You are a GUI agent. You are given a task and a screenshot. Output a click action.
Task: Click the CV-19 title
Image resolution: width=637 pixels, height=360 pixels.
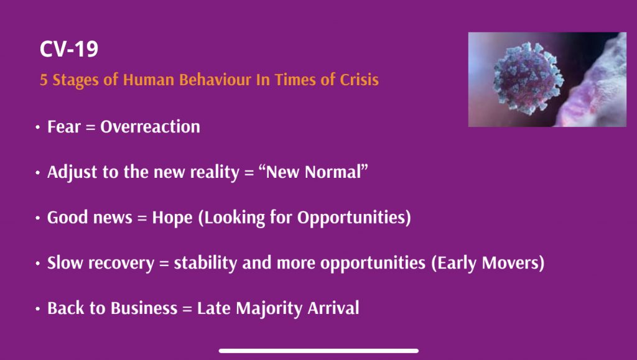69,49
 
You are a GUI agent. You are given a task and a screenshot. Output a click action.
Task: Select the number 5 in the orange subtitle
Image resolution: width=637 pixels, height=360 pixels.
44,80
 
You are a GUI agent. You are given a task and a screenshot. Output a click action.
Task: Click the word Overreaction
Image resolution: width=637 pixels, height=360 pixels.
151,127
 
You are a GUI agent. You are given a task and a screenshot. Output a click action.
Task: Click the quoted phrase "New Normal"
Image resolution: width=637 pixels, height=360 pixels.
314,172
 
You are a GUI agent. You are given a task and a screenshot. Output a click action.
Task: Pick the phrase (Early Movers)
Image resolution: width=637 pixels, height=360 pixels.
488,263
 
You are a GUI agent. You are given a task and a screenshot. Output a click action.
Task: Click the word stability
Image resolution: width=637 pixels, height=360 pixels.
205,263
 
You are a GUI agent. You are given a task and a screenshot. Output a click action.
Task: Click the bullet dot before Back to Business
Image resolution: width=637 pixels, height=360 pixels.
38,309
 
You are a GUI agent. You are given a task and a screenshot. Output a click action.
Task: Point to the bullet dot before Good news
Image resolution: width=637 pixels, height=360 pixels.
38,218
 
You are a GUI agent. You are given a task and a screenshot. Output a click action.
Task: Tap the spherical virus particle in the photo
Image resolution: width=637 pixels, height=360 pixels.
528,78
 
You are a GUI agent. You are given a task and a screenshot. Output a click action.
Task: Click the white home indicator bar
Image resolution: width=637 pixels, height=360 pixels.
318,351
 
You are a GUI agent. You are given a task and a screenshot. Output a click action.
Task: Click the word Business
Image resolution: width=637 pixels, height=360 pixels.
144,308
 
